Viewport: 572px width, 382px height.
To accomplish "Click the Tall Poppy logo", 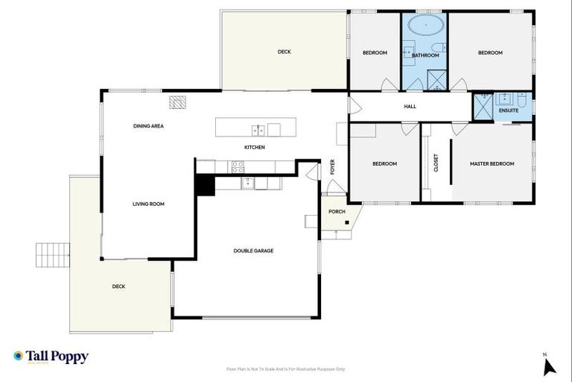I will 51,357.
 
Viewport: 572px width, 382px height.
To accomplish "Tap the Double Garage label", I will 253,251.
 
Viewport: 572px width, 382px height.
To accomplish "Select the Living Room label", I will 148,204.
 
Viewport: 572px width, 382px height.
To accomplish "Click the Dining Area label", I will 148,126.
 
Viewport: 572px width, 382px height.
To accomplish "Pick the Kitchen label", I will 255,147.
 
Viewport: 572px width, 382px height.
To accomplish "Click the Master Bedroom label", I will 492,163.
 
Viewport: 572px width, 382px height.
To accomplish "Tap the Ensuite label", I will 509,111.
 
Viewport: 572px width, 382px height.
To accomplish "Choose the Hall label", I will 410,107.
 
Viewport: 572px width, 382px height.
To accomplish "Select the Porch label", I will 337,212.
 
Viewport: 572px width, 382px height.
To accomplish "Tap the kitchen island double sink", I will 258,130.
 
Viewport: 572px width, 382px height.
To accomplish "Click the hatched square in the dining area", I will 177,102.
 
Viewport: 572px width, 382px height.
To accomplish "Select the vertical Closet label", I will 436,163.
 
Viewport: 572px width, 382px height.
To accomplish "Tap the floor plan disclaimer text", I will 286,369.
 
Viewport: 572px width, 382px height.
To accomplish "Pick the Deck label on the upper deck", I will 284,51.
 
